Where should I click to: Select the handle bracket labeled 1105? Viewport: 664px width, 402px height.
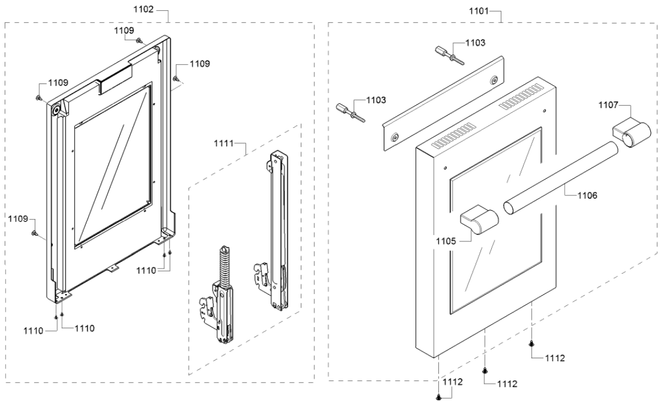(480, 220)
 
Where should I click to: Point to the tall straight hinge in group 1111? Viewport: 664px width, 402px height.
(276, 233)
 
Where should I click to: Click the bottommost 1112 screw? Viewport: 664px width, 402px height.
(439, 396)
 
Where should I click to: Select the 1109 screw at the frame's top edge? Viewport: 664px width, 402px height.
(139, 40)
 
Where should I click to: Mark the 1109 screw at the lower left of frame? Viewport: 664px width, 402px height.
(35, 233)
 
